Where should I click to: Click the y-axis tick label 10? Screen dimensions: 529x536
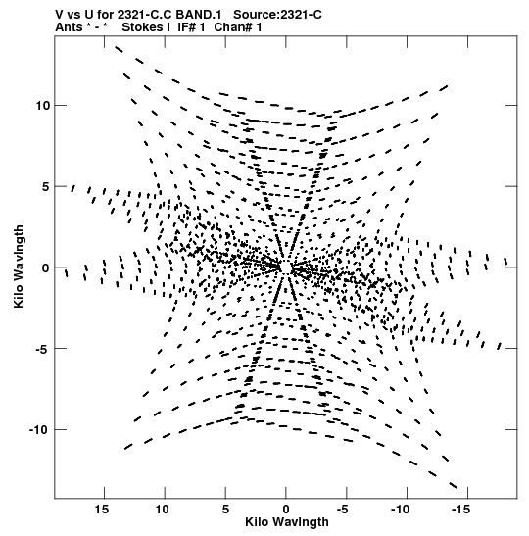click(43, 106)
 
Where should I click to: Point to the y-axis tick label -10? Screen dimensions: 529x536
click(40, 430)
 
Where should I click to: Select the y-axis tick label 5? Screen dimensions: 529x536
click(46, 186)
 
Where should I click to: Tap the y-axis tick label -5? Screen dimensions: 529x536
click(43, 349)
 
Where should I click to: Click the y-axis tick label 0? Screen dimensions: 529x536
click(46, 268)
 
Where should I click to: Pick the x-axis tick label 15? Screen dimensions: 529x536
click(102, 510)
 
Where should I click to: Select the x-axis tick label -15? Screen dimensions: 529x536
click(460, 510)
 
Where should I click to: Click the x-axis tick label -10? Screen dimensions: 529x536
click(400, 510)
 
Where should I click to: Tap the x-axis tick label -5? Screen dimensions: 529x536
click(343, 510)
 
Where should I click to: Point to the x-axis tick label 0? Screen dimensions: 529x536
click(286, 510)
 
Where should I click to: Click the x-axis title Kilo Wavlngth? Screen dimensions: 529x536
click(287, 522)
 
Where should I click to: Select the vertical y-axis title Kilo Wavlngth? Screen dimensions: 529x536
click(19, 267)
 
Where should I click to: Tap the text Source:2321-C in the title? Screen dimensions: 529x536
click(277, 15)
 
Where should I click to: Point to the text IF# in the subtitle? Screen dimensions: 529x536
click(187, 27)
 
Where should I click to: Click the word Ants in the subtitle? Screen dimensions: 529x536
click(69, 27)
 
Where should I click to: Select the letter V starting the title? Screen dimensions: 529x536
click(59, 15)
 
